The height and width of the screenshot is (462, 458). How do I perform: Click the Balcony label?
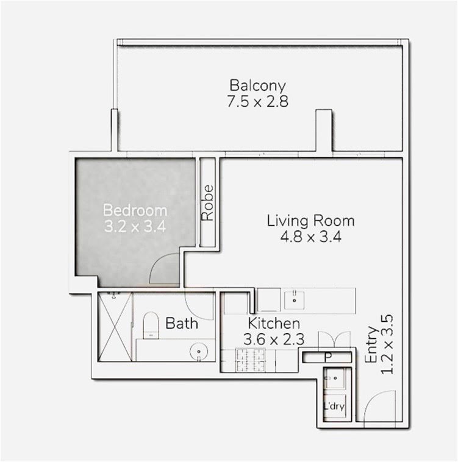pyautogui.click(x=257, y=86)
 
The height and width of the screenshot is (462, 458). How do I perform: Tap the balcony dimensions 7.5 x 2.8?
pyautogui.click(x=257, y=101)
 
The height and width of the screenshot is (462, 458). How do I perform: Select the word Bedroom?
pyautogui.click(x=135, y=210)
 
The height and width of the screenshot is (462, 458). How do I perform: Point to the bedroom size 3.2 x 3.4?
pyautogui.click(x=135, y=227)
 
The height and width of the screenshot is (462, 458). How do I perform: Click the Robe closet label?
pyautogui.click(x=207, y=203)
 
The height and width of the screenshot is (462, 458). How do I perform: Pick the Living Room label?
pyautogui.click(x=310, y=221)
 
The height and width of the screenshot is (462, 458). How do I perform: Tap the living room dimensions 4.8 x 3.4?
pyautogui.click(x=310, y=236)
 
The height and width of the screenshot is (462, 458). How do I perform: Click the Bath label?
pyautogui.click(x=182, y=323)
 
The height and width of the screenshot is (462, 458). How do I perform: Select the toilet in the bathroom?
pyautogui.click(x=151, y=325)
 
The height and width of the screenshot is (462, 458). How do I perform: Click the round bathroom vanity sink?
pyautogui.click(x=199, y=352)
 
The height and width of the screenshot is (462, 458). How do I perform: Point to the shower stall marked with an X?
pyautogui.click(x=115, y=327)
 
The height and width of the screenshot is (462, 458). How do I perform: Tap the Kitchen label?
pyautogui.click(x=274, y=323)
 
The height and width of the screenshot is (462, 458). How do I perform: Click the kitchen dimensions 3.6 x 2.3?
pyautogui.click(x=274, y=339)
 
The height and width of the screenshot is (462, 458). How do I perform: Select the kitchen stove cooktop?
pyautogui.click(x=250, y=360)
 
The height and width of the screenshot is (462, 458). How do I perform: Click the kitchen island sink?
pyautogui.click(x=295, y=300)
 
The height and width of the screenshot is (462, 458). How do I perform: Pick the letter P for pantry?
pyautogui.click(x=327, y=357)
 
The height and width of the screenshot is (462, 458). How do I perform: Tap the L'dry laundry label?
pyautogui.click(x=334, y=407)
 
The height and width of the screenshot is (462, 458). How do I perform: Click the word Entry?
pyautogui.click(x=371, y=344)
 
